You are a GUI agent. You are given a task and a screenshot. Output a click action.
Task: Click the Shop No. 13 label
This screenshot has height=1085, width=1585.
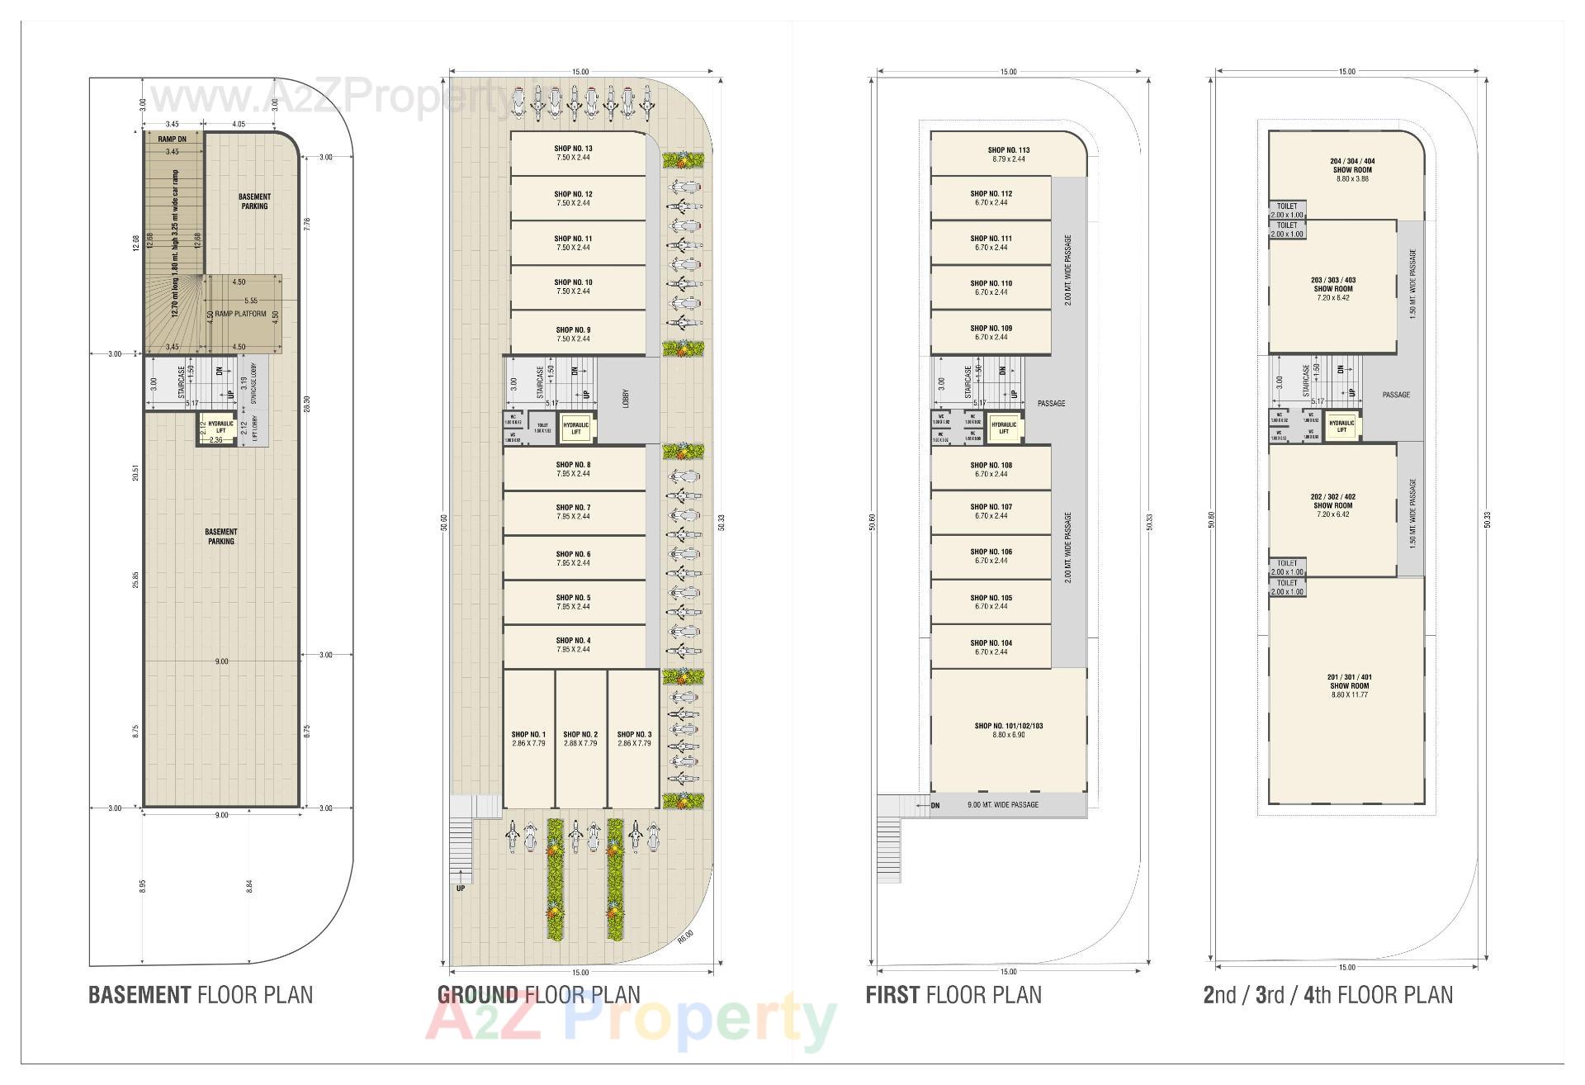[x=573, y=149]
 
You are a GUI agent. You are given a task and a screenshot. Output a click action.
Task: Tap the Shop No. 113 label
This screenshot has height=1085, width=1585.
[x=1008, y=151]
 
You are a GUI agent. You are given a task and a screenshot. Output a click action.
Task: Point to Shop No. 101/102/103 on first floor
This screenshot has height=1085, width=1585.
[x=1008, y=727]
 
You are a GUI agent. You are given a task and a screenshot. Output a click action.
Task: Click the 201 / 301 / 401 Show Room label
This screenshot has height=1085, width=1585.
[x=1350, y=677]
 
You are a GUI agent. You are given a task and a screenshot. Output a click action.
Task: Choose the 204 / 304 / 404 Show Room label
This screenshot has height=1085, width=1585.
[x=1352, y=162]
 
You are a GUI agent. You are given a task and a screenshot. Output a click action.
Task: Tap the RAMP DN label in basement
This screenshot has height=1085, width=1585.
[x=172, y=140]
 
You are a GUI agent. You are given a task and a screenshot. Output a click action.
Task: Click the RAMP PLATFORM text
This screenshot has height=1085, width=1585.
[x=241, y=315]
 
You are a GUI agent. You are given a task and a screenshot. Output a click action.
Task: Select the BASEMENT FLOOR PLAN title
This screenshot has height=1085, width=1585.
[x=201, y=995]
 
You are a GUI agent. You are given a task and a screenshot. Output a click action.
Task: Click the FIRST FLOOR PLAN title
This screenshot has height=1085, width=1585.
[x=953, y=995]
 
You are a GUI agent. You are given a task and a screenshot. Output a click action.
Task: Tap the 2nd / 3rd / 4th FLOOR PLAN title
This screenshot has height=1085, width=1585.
[x=1327, y=995]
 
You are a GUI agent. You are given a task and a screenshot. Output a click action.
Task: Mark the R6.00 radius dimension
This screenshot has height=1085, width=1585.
[x=684, y=936]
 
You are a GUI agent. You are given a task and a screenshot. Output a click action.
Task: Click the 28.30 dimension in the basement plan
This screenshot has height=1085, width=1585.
[x=307, y=403]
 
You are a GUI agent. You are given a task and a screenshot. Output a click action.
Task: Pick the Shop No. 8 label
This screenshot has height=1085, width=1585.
[x=573, y=465]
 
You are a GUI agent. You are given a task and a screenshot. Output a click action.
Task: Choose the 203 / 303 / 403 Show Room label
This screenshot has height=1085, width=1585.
[x=1333, y=281]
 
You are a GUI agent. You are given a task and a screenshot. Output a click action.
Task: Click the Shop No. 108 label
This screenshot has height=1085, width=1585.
[x=991, y=466]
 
